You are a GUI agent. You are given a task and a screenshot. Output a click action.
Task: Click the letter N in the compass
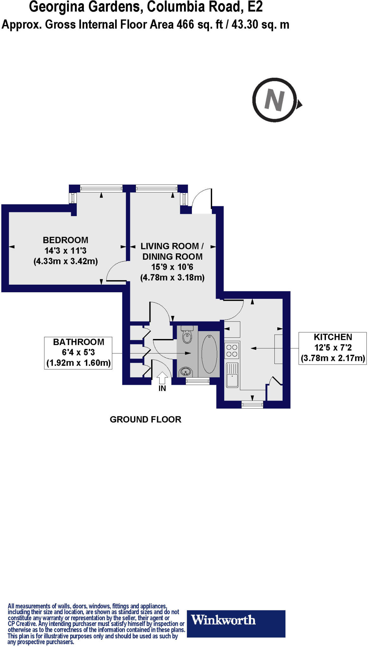click(274, 100)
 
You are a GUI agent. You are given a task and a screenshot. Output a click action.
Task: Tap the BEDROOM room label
click(65, 240)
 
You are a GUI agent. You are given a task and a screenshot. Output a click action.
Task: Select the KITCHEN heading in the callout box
click(333, 337)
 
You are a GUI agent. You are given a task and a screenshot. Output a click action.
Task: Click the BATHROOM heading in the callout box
click(78, 342)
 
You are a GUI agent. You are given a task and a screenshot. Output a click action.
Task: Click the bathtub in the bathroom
click(209, 354)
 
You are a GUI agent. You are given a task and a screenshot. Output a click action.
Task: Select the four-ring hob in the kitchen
click(232, 350)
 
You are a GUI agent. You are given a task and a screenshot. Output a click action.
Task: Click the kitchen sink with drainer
click(232, 375)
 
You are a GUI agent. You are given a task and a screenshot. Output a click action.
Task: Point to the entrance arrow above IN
click(162, 378)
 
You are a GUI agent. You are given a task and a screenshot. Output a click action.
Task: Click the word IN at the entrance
click(162, 389)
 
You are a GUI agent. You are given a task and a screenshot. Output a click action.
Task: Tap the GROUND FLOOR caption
click(145, 420)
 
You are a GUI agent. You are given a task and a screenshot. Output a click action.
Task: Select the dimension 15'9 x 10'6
click(172, 267)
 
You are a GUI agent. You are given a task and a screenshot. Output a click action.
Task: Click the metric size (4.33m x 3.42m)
click(66, 261)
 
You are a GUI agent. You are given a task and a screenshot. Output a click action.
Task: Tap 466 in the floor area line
click(185, 25)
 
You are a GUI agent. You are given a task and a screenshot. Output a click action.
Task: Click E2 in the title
click(255, 7)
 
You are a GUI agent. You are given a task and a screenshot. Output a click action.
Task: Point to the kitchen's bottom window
click(252, 404)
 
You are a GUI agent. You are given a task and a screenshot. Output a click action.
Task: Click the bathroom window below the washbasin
click(198, 382)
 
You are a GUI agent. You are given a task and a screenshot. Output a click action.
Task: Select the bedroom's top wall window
click(101, 189)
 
